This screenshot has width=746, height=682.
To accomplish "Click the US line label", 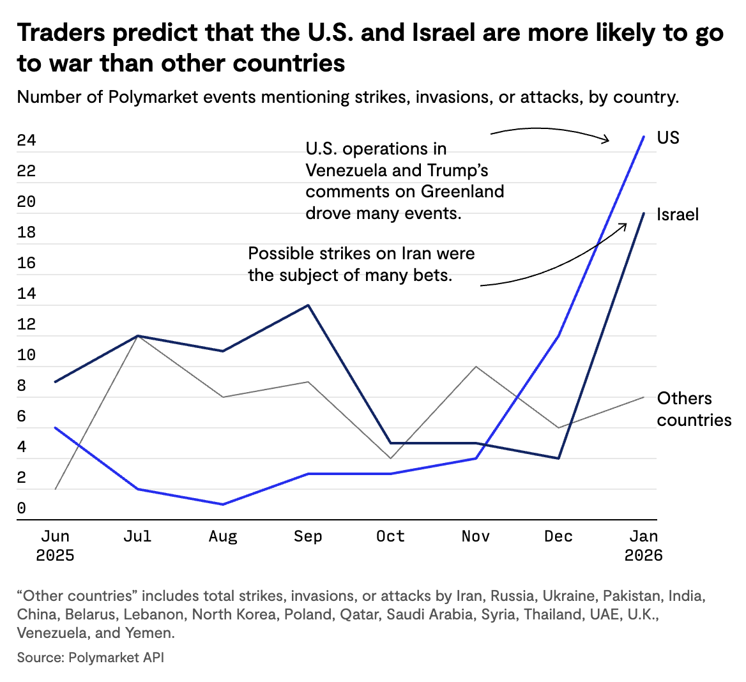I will click(668, 138).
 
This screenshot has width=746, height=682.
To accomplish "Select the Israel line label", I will click(678, 215).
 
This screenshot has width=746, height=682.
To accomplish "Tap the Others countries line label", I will click(694, 409).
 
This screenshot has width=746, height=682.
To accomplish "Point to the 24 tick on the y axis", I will click(26, 140).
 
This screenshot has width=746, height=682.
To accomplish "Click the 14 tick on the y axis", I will click(26, 294).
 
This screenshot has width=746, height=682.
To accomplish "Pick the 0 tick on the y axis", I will click(22, 508).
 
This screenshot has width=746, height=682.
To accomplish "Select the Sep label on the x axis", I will click(308, 536).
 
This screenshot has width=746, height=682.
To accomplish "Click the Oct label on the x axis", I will click(390, 536).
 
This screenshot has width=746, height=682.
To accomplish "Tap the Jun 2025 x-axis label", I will click(55, 546).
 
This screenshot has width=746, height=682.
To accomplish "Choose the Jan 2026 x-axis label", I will click(643, 546).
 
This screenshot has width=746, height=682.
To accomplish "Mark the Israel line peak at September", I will click(308, 305).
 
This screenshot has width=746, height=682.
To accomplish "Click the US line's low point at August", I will click(223, 504).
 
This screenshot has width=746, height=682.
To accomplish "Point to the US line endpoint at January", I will click(643, 137).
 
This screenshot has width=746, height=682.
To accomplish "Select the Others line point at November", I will click(476, 367).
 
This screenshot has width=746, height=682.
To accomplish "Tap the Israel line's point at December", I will click(559, 458).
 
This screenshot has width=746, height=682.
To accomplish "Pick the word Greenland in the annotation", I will click(462, 192).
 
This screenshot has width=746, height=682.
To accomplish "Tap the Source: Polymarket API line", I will click(91, 657).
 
